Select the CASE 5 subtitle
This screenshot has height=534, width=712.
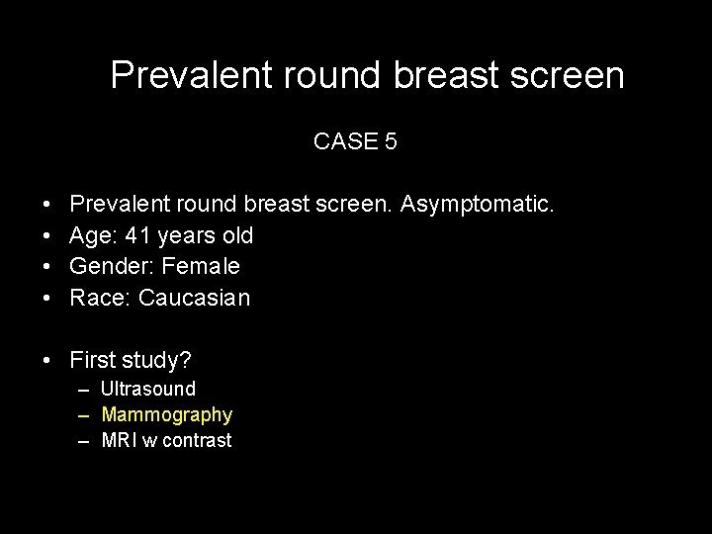pos(355,141)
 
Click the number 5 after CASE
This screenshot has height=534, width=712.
pos(391,141)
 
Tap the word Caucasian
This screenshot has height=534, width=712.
pos(195,298)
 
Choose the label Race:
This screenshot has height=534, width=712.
pos(101,298)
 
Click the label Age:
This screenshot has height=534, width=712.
pos(91,236)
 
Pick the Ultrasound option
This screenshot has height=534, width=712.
pos(148,389)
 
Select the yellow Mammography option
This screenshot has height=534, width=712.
pos(166,414)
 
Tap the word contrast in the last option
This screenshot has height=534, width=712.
pos(198,440)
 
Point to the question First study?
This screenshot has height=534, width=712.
pos(130,359)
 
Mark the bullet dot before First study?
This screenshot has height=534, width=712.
pos(48,360)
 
